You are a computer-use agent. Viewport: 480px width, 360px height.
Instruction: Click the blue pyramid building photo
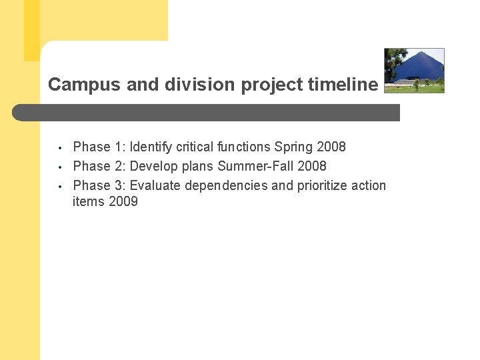[414, 70]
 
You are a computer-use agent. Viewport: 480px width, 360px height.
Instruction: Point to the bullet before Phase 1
[59, 147]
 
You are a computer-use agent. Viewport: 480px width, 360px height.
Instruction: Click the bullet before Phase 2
[59, 167]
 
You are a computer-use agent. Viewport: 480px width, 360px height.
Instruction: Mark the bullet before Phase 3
[59, 186]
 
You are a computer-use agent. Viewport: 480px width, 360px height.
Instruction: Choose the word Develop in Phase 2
[154, 166]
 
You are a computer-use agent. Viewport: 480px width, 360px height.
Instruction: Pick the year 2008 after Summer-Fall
[311, 166]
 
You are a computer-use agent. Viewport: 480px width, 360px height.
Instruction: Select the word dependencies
[226, 185]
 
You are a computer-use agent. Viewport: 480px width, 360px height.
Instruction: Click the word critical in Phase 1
[195, 147]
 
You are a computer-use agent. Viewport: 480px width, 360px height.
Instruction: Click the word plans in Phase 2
[198, 166]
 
